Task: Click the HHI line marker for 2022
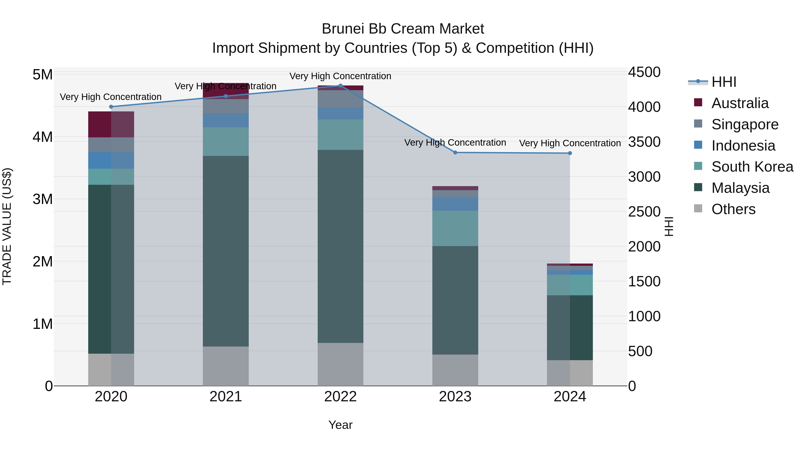(x=340, y=85)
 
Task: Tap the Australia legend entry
(x=740, y=103)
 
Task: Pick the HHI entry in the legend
(x=723, y=82)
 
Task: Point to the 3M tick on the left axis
(x=43, y=199)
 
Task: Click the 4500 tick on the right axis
(x=644, y=72)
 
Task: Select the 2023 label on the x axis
(x=455, y=397)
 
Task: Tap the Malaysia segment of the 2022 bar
(x=340, y=246)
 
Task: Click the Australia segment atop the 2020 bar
(x=111, y=124)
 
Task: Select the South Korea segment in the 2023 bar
(x=455, y=228)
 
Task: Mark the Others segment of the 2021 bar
(x=226, y=366)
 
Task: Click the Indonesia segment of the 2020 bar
(x=111, y=160)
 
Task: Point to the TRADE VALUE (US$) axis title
(x=7, y=226)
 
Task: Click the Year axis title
(x=340, y=425)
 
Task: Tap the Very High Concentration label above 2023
(x=455, y=142)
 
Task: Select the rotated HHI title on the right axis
(x=669, y=226)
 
